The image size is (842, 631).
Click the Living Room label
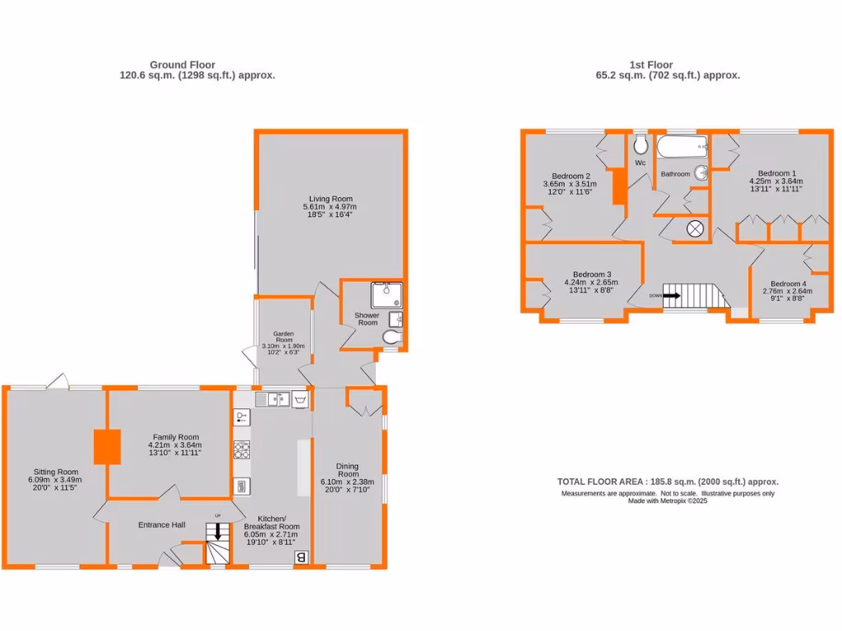click(x=331, y=199)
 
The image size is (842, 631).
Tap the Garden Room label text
click(x=283, y=334)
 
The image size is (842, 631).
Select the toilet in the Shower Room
click(x=391, y=336)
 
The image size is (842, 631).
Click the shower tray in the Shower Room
click(x=386, y=295)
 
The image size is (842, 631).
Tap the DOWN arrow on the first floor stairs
click(x=671, y=295)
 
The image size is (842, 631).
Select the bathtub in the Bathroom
click(x=682, y=148)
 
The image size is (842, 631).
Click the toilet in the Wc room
click(x=641, y=145)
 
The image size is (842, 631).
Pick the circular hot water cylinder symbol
click(x=696, y=229)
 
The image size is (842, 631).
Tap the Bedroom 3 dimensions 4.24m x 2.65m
click(x=590, y=283)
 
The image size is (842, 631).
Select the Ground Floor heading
click(x=183, y=65)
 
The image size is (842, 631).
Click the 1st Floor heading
click(x=650, y=65)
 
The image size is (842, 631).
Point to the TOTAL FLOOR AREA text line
click(x=667, y=482)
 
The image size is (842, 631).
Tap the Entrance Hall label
click(x=161, y=525)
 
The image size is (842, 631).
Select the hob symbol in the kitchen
click(x=242, y=449)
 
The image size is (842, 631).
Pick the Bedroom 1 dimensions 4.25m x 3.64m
click(x=775, y=182)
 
